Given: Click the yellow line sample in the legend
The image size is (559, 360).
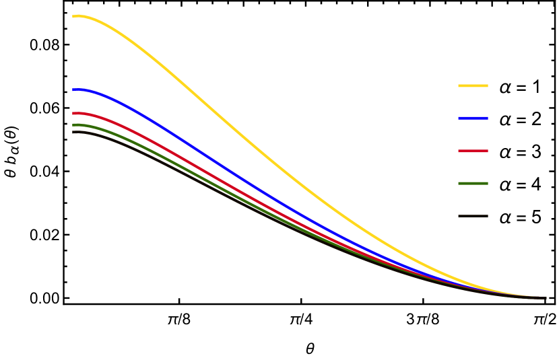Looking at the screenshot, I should coord(473,86).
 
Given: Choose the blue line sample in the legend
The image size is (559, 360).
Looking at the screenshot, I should coord(473,118).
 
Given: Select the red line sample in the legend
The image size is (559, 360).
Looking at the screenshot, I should coord(473,151).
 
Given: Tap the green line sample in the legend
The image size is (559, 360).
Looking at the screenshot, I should coord(473,184).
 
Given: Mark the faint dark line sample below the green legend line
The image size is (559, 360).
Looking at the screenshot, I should coord(473,216).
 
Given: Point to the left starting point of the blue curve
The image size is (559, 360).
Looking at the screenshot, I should coord(73,89).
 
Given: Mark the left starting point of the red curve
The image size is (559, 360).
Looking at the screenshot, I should coord(73,113).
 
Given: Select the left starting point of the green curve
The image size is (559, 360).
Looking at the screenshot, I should coord(73,125).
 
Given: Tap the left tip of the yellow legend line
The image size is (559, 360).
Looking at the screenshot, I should coord(459,86).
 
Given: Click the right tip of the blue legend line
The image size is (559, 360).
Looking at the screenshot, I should coord(487,118).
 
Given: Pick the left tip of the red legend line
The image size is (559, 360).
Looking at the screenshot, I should coord(459,151).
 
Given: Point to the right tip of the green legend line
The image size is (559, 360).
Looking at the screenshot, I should coord(487,184).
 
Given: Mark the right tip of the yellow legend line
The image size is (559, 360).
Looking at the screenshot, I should coord(487,86).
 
